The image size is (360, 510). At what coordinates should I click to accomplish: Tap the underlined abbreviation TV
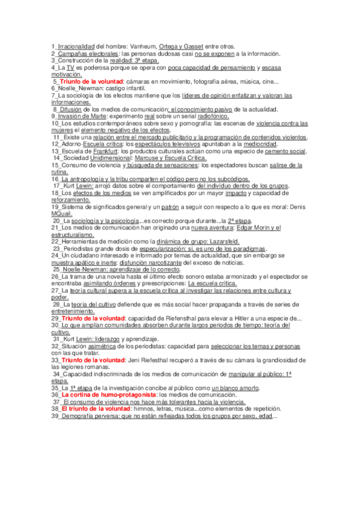pos(70,68)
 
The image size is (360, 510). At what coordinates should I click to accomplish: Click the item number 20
pos(56,221)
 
